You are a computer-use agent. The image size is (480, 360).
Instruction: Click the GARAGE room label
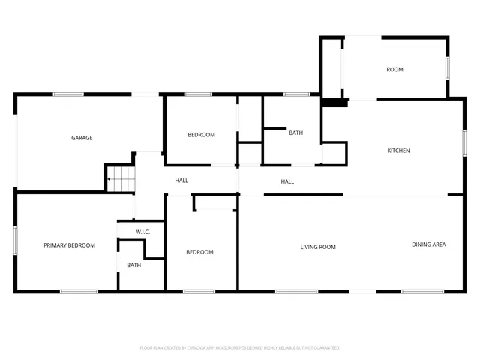point(82,138)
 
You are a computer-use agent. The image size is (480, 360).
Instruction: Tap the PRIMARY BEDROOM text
point(69,245)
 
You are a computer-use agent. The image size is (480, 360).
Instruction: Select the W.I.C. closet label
point(142,232)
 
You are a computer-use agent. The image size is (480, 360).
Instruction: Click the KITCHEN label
point(398,151)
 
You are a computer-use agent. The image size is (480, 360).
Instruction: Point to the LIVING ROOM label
point(317,247)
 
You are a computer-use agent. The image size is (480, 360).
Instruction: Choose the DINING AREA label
point(429,244)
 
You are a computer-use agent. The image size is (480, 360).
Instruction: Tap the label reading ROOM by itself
point(394,70)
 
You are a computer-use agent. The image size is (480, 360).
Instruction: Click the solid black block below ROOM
point(335,103)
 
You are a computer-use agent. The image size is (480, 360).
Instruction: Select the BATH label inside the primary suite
point(133,265)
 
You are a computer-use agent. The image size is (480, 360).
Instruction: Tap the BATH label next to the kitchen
point(295,133)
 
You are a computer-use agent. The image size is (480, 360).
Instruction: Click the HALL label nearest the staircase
point(181,181)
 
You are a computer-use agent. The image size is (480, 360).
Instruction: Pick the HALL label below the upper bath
point(287,181)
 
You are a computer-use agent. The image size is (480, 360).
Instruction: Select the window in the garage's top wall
point(68,94)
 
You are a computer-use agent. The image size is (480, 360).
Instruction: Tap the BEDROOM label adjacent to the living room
point(199,252)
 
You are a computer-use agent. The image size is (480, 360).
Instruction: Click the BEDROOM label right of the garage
point(201,135)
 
